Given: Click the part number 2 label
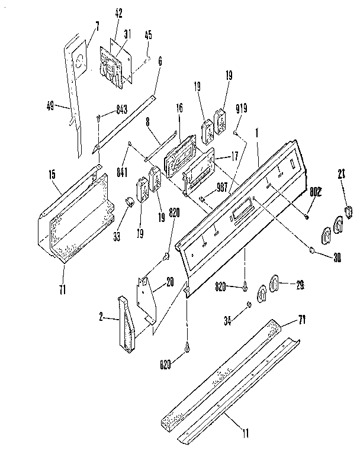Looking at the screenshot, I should [102, 318].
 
